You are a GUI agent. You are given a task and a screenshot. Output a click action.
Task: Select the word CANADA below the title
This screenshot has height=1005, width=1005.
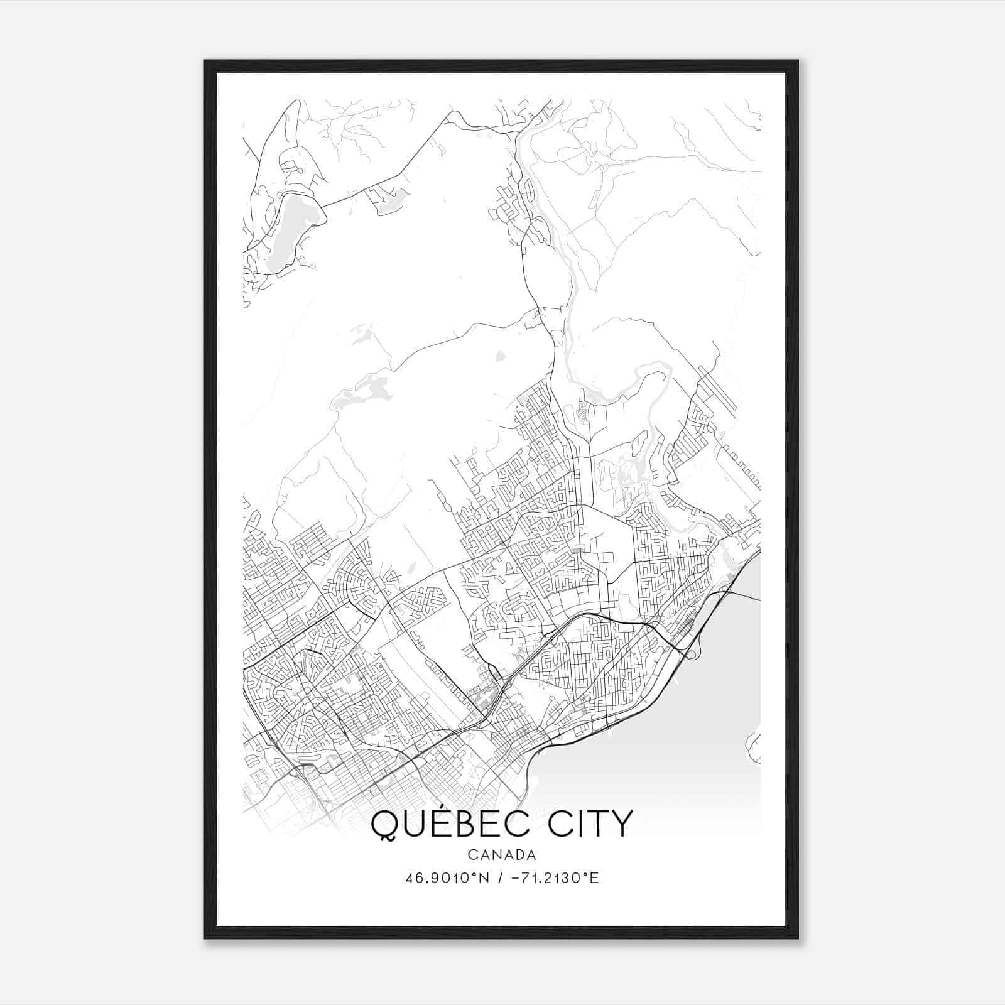502,855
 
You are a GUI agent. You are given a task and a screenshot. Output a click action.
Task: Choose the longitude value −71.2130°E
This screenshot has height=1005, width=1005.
553,878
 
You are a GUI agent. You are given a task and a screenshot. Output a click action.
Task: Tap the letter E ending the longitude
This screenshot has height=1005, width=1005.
595,878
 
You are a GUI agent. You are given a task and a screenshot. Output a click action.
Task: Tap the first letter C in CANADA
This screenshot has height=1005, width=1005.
472,855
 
